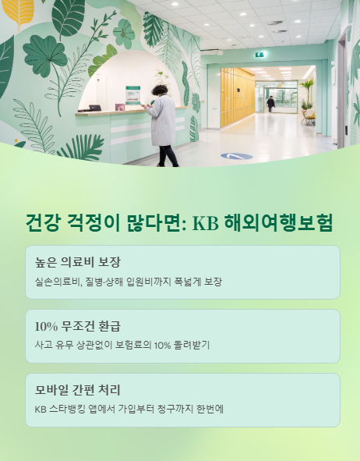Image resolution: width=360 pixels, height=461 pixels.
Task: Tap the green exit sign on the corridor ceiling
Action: [x=260, y=55]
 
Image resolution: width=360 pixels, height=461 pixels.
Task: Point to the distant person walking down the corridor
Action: [x=270, y=104]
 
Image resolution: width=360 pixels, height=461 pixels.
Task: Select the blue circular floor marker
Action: [x=237, y=156]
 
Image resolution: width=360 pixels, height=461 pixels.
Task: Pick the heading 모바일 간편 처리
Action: [x=77, y=389]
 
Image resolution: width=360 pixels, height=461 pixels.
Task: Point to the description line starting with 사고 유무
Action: [x=122, y=345]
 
